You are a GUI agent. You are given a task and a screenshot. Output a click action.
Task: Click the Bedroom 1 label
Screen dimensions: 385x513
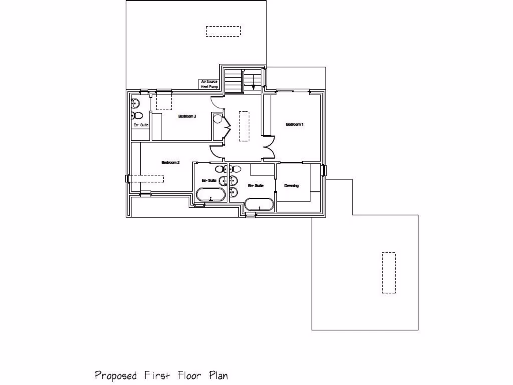coord(295,124)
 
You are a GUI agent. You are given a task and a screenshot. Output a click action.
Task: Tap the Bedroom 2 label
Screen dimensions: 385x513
coord(170,162)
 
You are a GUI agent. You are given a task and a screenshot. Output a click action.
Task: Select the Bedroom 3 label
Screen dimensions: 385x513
coord(187,116)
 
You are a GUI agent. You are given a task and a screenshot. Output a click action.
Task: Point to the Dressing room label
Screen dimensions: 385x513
coord(291,186)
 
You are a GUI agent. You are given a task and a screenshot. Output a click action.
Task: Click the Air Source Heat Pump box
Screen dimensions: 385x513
coord(210,84)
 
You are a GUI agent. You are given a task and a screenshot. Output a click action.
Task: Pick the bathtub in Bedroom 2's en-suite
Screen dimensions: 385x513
coord(210,195)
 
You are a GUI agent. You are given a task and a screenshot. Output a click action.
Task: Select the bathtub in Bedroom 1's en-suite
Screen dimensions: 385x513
coord(259,204)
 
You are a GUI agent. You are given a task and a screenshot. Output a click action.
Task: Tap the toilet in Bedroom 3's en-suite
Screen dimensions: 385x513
coord(137,115)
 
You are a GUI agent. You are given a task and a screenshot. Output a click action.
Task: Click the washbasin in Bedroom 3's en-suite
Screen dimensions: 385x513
coord(135,103)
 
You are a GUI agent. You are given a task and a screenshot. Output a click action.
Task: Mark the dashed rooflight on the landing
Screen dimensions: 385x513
coord(244,126)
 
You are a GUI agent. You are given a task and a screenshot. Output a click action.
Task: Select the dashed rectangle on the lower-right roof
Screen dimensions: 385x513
coord(389,272)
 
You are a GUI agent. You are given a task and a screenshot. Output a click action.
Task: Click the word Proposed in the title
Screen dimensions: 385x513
coord(116,375)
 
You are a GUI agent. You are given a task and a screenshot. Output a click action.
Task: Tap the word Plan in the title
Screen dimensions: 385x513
coord(218,375)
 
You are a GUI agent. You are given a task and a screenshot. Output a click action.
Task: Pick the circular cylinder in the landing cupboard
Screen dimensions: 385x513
coord(217,119)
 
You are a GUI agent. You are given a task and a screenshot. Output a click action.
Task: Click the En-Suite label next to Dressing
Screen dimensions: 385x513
coord(255,186)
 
